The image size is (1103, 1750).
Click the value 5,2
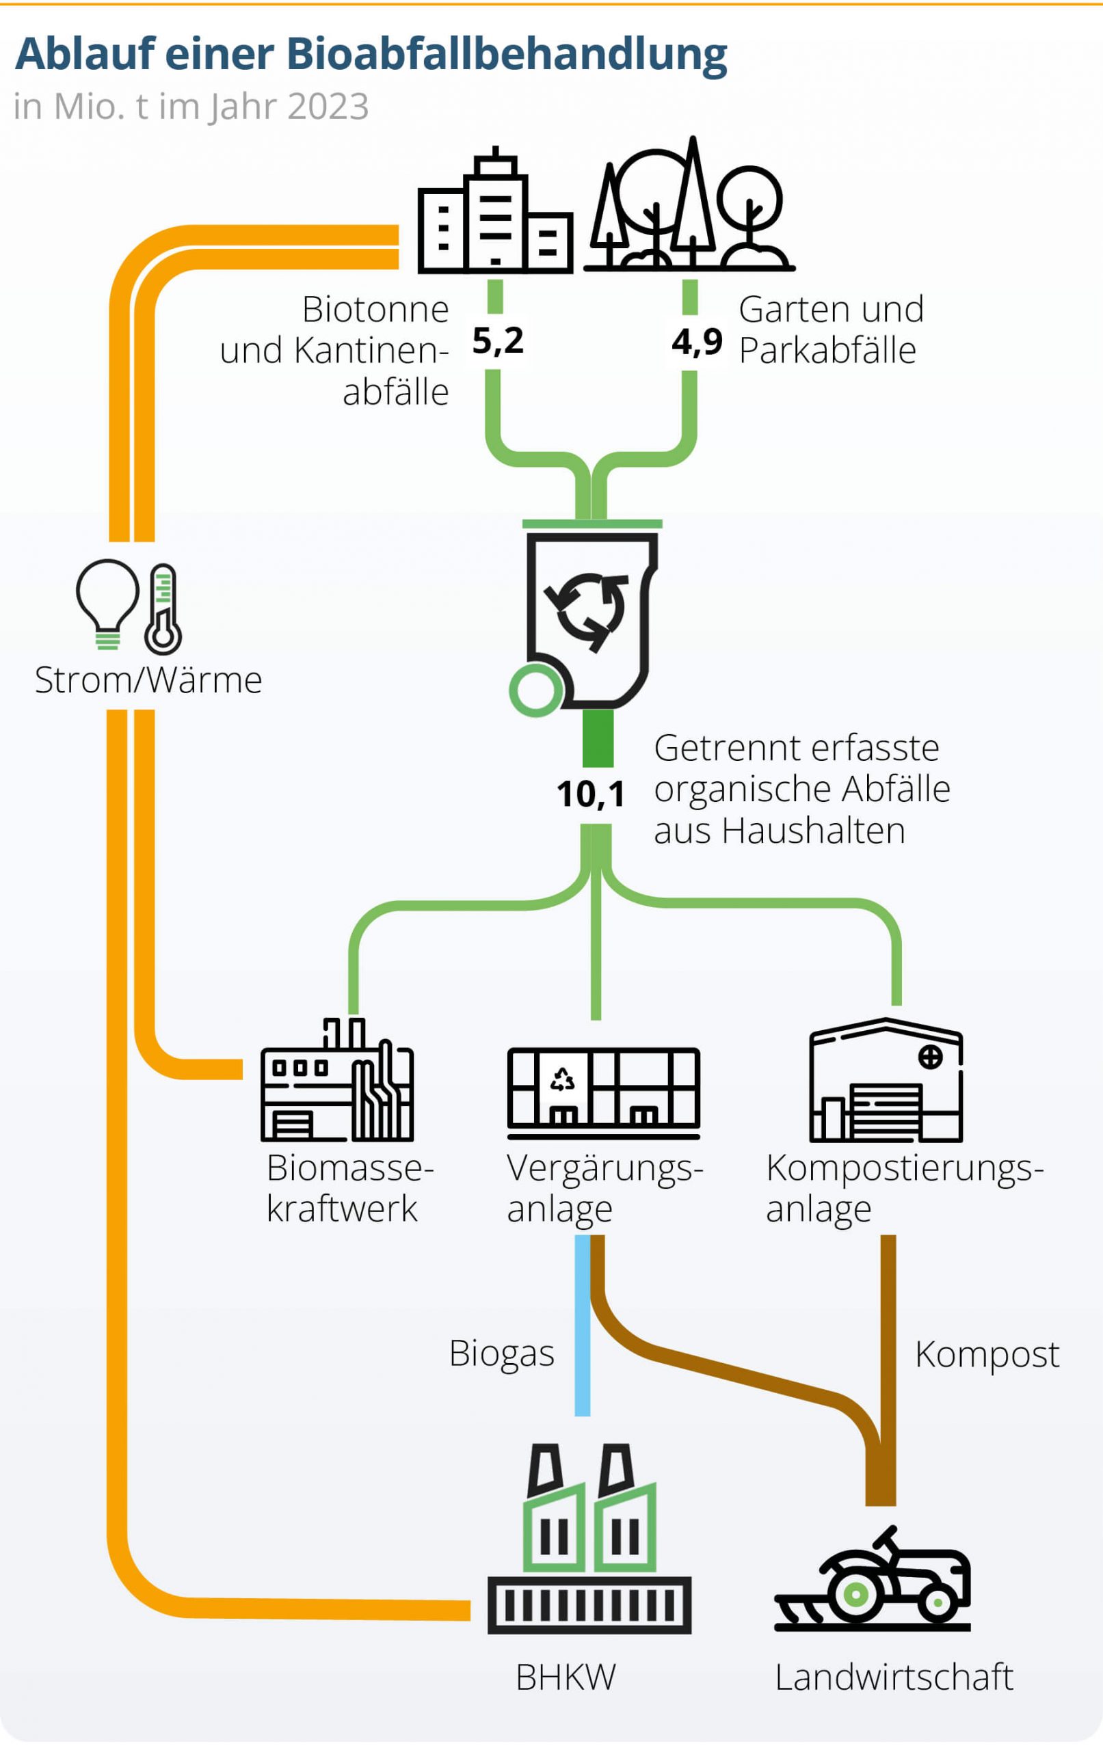pos(497,340)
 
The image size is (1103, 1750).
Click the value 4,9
pos(697,341)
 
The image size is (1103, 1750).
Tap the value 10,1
pos(590,794)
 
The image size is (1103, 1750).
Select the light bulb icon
pos(107,602)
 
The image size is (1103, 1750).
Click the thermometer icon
pos(163,609)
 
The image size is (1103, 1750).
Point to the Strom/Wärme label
pos(148,680)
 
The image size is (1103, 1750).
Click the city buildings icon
pos(495,215)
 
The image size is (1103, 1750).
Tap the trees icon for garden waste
pos(689,207)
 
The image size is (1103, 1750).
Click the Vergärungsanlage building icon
pos(604,1092)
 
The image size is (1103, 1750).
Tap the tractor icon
pos(873,1582)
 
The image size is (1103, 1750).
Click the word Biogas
pos(502,1354)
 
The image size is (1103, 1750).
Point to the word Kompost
pos(987,1354)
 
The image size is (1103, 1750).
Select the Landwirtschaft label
pos(894,1678)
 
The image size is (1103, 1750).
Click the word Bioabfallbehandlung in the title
pos(506,54)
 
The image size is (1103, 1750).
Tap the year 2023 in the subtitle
pos(328,107)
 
